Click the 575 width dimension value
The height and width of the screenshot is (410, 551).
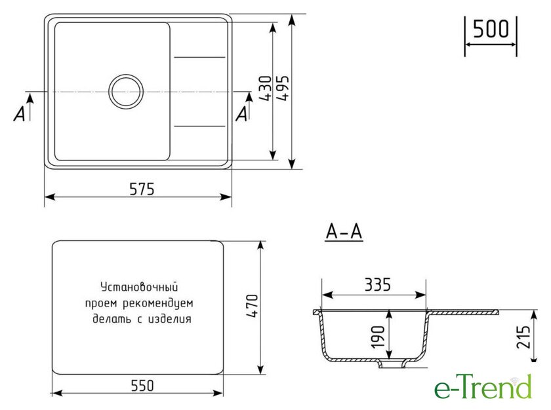(x=142, y=189)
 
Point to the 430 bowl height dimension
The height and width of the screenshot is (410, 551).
(x=266, y=88)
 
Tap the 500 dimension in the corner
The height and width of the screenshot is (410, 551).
(x=491, y=29)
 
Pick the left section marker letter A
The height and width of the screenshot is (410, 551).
(x=20, y=113)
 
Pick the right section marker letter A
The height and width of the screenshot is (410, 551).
(x=242, y=113)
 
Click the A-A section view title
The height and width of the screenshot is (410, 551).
(x=344, y=231)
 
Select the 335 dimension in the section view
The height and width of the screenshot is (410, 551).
(x=378, y=285)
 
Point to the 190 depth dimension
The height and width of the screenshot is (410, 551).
(x=378, y=337)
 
